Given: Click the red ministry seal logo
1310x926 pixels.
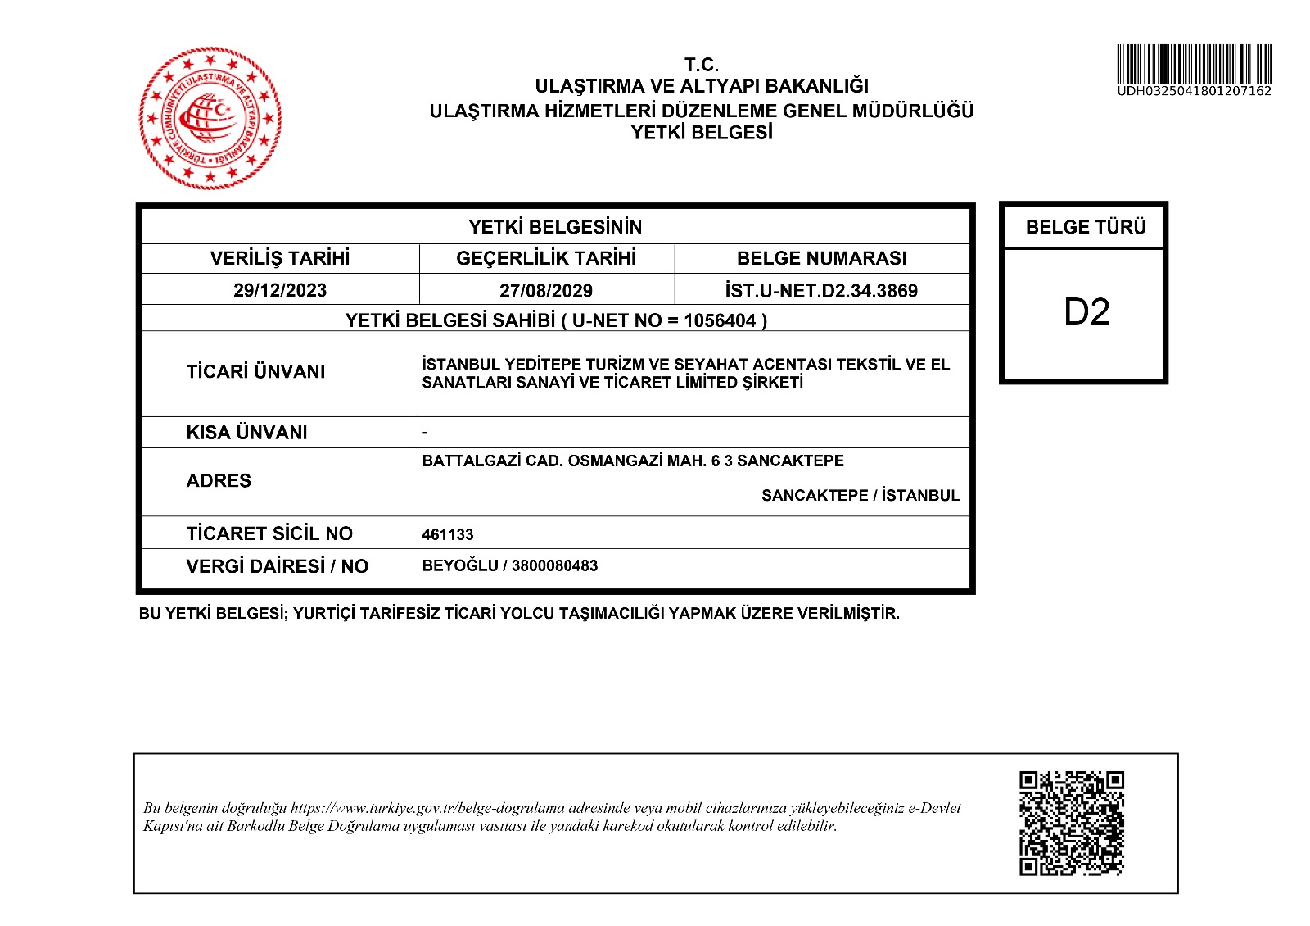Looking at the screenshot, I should point(210,118).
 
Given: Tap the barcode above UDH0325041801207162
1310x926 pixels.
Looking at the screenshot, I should point(1194,64).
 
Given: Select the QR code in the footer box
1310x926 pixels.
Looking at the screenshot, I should point(1071,823).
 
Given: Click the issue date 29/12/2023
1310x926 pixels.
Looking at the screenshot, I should point(280,290).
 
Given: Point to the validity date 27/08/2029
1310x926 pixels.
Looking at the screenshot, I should point(546,290).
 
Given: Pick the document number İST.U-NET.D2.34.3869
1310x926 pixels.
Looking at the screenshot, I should point(821,290).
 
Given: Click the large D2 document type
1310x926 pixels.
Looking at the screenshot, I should point(1086,312).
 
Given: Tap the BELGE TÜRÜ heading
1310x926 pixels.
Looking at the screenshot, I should point(1086,227).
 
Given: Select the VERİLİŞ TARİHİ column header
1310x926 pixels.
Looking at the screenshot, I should point(280,258).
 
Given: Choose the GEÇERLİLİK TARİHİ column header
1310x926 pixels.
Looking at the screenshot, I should point(546,258).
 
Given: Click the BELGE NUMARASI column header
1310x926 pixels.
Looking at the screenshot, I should point(821,258).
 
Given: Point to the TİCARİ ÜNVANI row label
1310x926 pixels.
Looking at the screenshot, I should point(255,371).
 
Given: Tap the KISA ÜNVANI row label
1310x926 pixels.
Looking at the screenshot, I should point(246,432).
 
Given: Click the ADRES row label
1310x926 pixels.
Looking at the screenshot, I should point(219,480).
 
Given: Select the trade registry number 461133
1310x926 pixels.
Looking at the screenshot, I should point(448,534).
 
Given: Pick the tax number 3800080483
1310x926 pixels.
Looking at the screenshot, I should point(554,565).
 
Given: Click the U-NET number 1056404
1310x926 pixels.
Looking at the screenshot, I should point(720,320).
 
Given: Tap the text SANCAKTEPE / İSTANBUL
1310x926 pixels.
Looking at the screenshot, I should point(860,495).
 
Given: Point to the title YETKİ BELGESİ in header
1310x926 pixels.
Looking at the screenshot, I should point(702,133).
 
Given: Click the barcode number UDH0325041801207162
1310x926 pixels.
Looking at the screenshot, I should point(1194,91).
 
